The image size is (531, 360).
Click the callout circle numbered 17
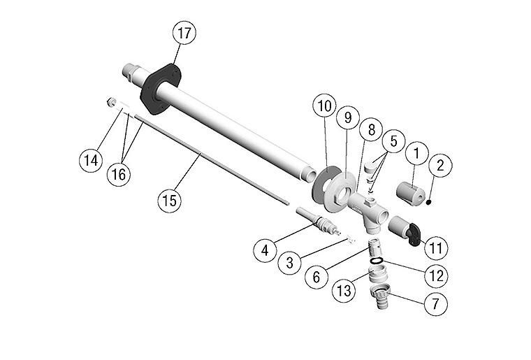185,34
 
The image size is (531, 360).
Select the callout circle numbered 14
91,160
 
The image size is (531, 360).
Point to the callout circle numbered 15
170,200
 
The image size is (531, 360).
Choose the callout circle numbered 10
325,107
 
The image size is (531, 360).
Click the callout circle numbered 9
348,117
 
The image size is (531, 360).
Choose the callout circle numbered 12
435,275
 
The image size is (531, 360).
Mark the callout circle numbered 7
435,304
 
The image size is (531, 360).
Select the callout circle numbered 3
289,264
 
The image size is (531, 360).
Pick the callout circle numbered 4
266,249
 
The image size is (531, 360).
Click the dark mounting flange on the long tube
160,90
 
